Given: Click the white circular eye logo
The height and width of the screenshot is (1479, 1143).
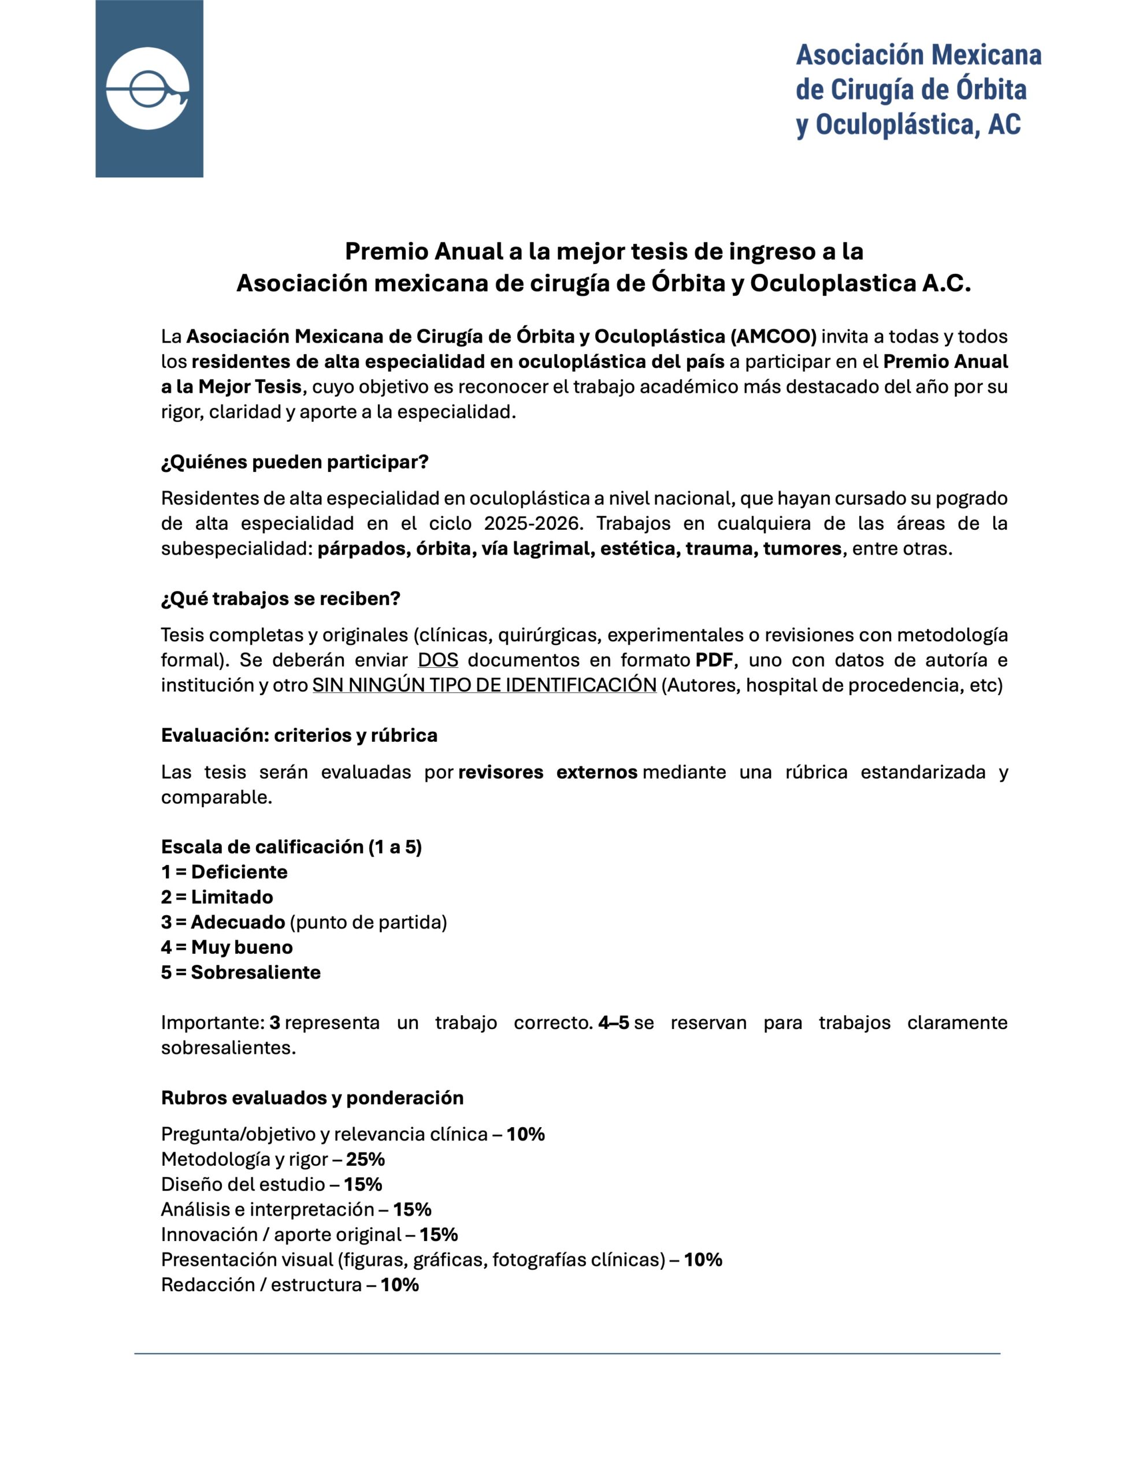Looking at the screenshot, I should [x=148, y=89].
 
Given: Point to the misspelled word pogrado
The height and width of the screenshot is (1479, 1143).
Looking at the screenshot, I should [x=971, y=499].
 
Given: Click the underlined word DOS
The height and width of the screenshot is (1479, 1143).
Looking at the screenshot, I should [x=437, y=660].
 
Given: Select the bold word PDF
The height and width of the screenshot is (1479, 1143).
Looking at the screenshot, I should [x=714, y=660].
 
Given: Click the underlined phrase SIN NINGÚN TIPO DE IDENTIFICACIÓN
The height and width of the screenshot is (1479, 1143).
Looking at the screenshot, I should [x=484, y=685].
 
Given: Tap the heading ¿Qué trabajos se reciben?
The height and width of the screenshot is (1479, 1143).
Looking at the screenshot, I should [x=280, y=599].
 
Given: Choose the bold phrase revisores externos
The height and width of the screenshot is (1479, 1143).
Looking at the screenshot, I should [x=547, y=772].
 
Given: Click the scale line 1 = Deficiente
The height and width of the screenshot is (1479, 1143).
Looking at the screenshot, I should [x=224, y=872].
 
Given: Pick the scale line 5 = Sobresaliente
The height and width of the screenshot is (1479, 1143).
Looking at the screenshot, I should [x=240, y=972].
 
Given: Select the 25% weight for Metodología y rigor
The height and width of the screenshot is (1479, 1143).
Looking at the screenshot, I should [x=365, y=1160].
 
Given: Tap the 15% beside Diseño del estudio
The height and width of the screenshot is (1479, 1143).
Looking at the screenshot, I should [x=362, y=1184].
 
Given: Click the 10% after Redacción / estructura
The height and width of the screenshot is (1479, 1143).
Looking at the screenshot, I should [x=399, y=1285].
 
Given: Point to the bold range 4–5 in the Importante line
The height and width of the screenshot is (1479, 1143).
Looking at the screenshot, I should [x=613, y=1023].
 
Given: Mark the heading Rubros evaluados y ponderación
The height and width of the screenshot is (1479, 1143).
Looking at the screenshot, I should [x=313, y=1098].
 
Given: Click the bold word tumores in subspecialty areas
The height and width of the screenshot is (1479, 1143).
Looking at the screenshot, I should [x=801, y=548].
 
